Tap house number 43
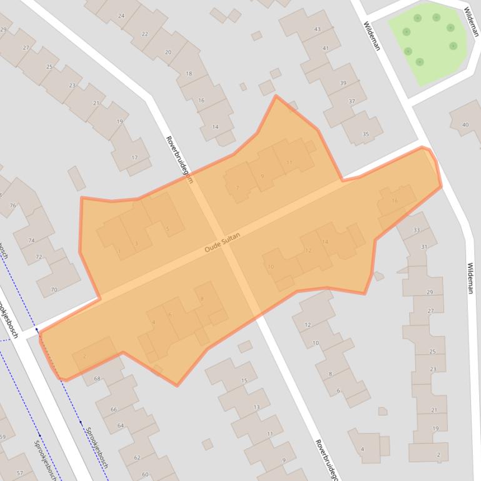[317, 29]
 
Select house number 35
[365, 134]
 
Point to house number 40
[465, 125]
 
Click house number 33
[417, 231]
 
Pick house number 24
[121, 16]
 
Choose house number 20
[168, 52]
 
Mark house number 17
[134, 157]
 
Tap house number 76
[13, 205]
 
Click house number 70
[54, 289]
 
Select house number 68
[97, 379]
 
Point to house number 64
[121, 425]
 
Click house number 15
[244, 380]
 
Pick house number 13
[257, 407]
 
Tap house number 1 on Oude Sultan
[119, 252]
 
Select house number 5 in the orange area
[167, 229]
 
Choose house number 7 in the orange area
[237, 187]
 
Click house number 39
[343, 83]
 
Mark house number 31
[424, 247]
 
